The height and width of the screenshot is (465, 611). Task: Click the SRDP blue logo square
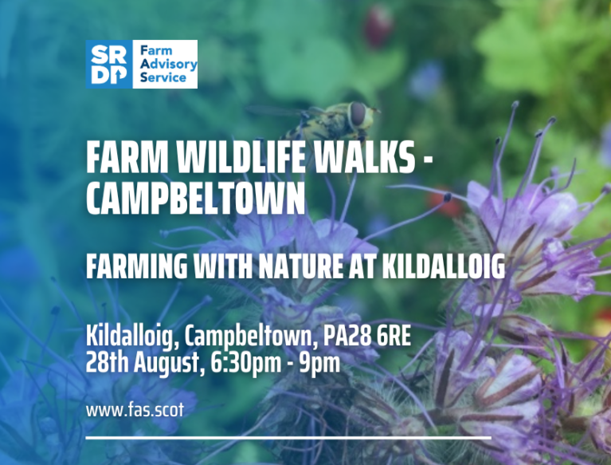pyautogui.click(x=109, y=64)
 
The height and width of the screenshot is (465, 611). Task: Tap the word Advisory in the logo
pyautogui.click(x=168, y=65)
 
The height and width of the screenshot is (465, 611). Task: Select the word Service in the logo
pyautogui.click(x=163, y=77)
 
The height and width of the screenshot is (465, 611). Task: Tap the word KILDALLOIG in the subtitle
pyautogui.click(x=443, y=266)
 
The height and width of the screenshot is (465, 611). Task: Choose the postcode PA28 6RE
pyautogui.click(x=367, y=337)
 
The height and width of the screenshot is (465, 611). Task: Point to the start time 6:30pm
pyautogui.click(x=246, y=364)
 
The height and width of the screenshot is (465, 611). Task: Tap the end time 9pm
pyautogui.click(x=319, y=365)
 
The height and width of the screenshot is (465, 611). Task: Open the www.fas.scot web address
pyautogui.click(x=135, y=410)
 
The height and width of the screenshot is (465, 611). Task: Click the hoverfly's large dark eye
pyautogui.click(x=358, y=113)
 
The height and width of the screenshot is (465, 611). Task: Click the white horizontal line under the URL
pyautogui.click(x=288, y=438)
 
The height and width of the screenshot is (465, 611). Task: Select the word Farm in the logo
pyautogui.click(x=156, y=51)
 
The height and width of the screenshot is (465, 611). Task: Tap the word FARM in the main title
pyautogui.click(x=127, y=157)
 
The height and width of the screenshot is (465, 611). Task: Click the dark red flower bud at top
pyautogui.click(x=378, y=26)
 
